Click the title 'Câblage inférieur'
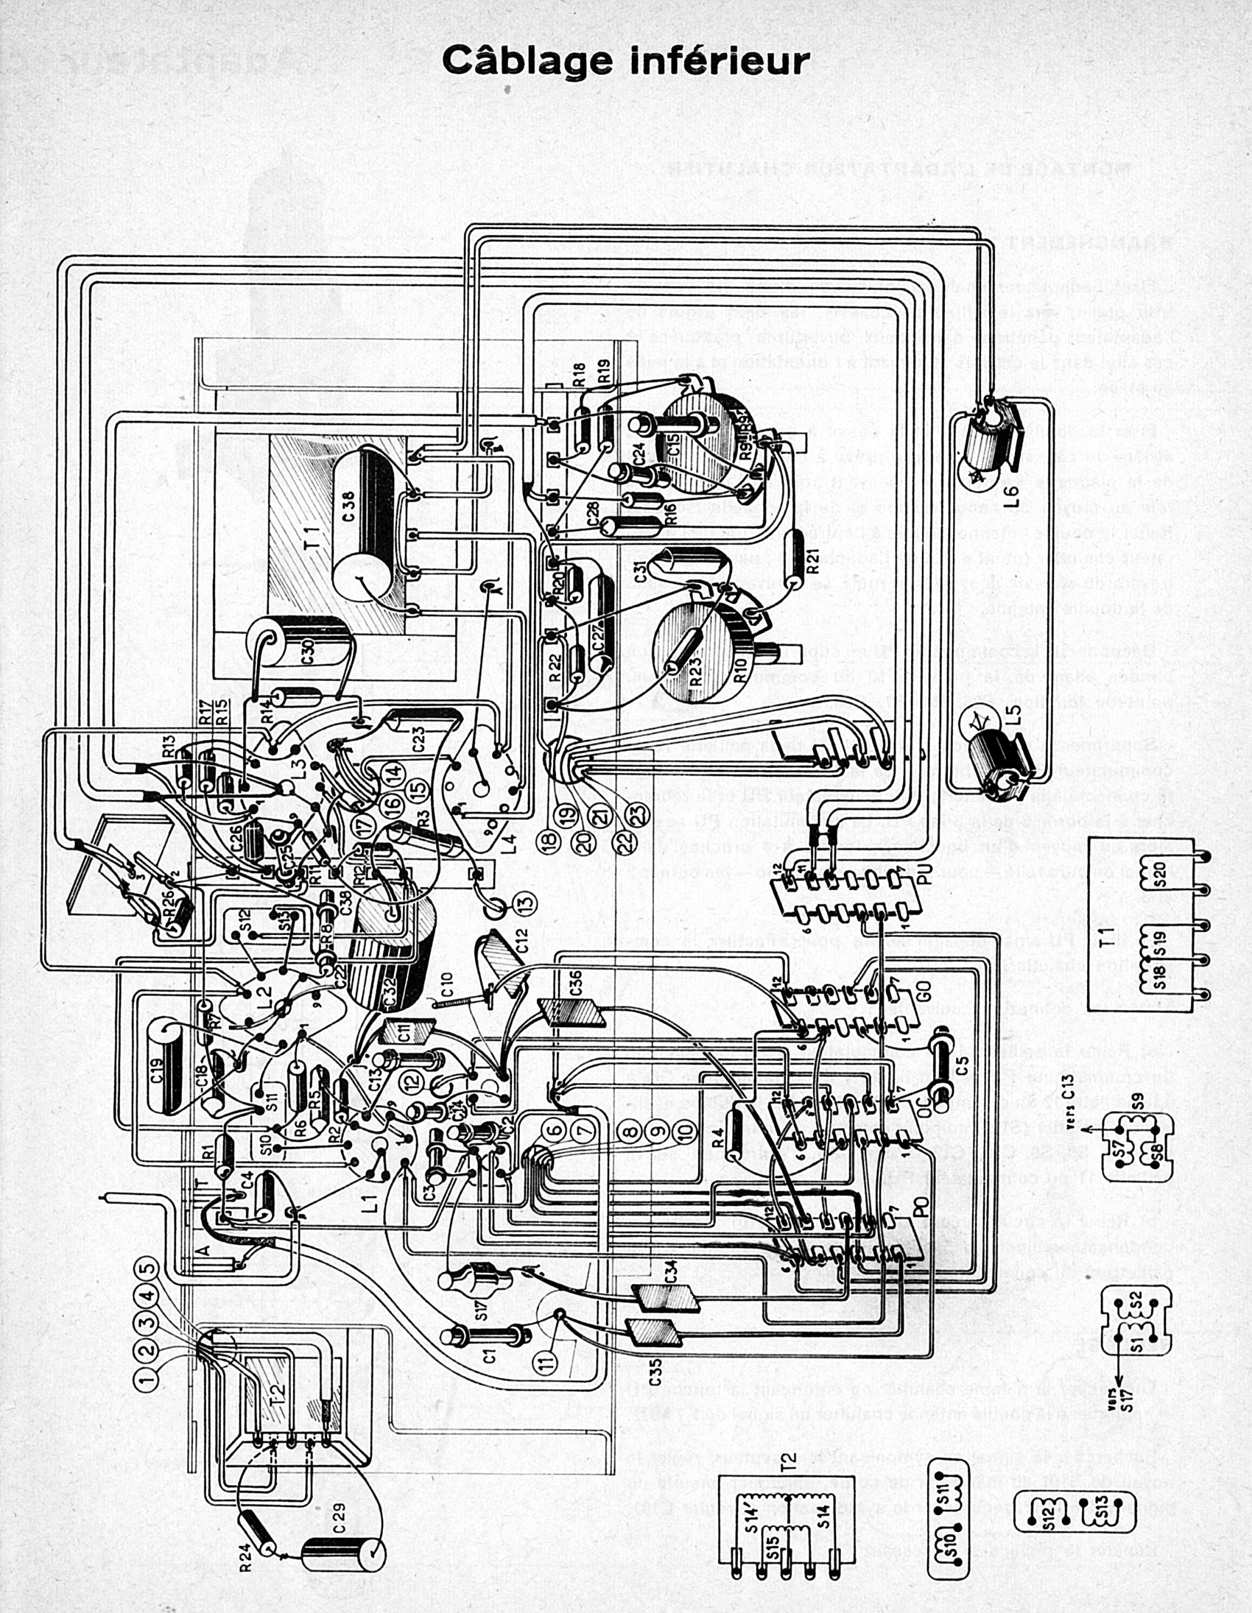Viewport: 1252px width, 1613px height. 625,60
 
